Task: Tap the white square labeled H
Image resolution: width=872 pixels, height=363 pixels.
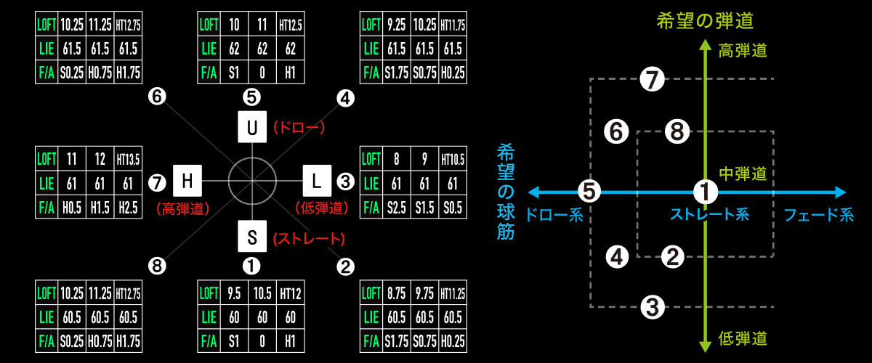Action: click(187, 179)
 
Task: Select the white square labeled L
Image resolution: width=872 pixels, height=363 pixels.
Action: click(316, 179)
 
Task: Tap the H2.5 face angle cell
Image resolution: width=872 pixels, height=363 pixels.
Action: click(128, 208)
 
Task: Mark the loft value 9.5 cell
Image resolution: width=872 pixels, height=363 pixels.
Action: click(234, 295)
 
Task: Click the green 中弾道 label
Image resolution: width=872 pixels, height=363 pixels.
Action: click(742, 174)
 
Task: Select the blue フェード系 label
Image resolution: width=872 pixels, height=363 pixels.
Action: click(817, 215)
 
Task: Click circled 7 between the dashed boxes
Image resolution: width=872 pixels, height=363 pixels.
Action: click(653, 80)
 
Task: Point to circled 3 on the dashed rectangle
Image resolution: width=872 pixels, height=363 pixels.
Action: click(653, 307)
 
